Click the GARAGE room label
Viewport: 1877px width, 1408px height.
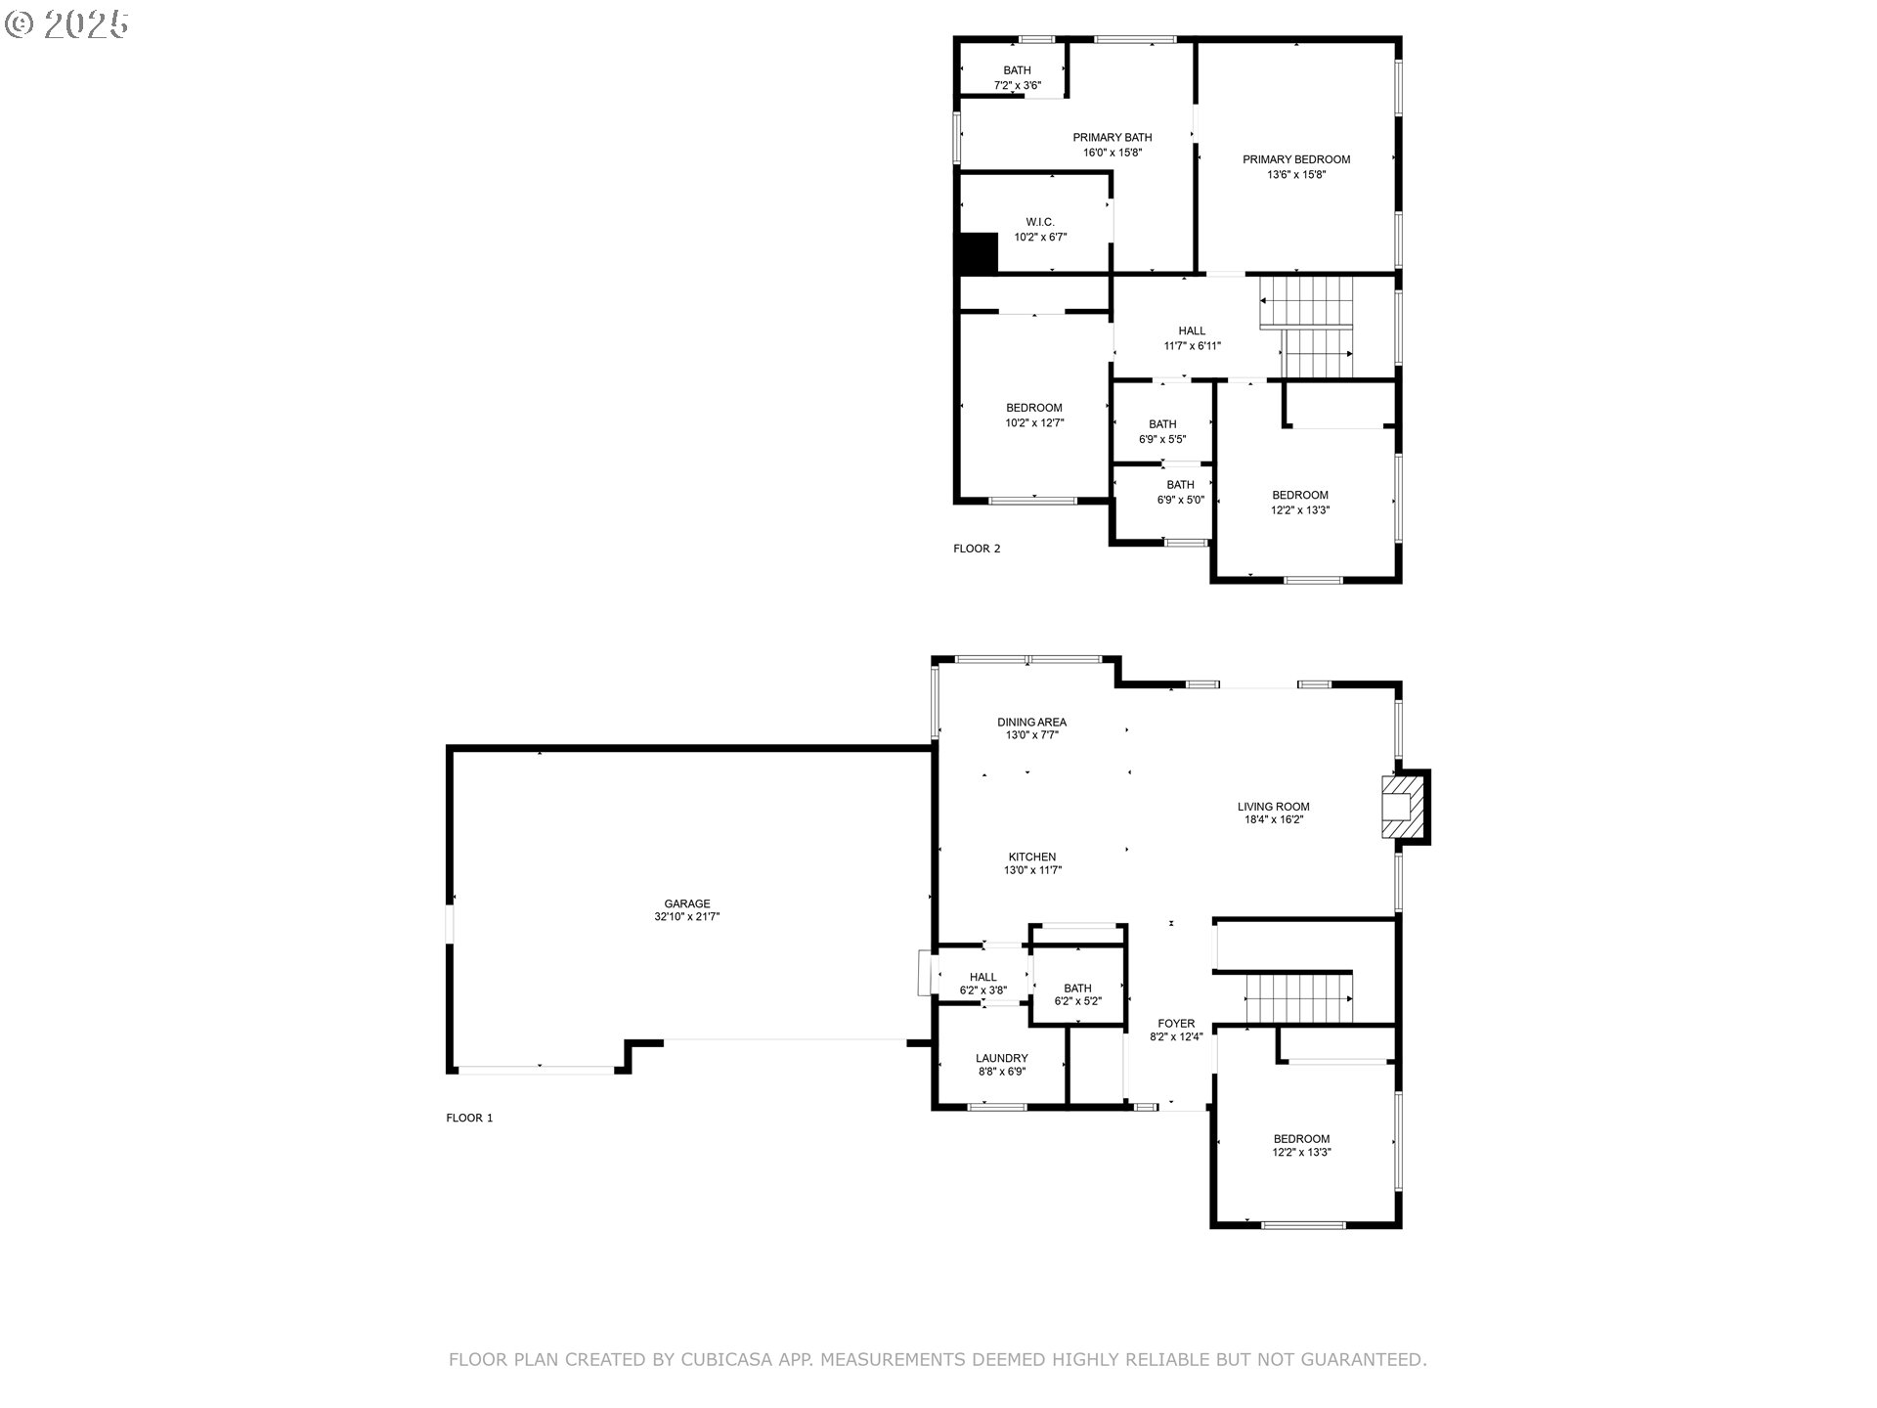[x=687, y=903]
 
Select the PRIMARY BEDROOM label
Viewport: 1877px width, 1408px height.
[x=1296, y=159]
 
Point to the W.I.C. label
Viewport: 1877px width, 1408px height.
[x=1040, y=222]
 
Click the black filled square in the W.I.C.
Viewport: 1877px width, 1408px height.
[x=978, y=253]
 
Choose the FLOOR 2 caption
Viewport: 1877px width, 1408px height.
[x=977, y=549]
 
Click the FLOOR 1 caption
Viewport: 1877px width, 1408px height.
[x=469, y=1118]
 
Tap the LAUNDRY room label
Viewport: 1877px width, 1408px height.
[x=1002, y=1058]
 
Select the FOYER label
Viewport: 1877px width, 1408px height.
[x=1176, y=1024]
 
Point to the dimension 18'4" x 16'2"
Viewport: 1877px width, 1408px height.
[x=1274, y=819]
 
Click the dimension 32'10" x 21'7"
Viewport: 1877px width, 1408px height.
[x=687, y=917]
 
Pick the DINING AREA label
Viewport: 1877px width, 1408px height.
[x=1032, y=723]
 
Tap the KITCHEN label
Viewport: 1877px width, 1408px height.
[x=1032, y=858]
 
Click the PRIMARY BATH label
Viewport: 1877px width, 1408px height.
[x=1113, y=138]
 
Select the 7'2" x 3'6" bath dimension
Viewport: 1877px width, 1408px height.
[x=1018, y=85]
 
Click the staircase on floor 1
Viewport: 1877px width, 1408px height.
[x=1298, y=998]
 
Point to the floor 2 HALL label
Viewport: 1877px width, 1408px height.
[x=1192, y=330]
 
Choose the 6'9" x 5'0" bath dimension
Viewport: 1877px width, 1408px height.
[x=1181, y=500]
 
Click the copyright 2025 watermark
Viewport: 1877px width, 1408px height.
[x=66, y=23]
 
